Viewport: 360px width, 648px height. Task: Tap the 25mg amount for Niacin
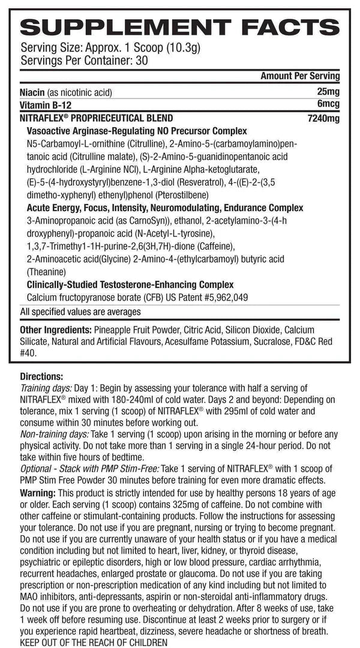(x=328, y=92)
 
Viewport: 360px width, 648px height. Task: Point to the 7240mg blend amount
(x=323, y=118)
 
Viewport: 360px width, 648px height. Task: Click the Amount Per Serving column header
(x=300, y=76)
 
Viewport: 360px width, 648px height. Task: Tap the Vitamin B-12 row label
(x=42, y=105)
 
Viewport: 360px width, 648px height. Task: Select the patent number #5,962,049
(x=222, y=297)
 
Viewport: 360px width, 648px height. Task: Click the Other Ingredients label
(x=53, y=329)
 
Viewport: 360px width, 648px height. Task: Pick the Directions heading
(x=41, y=377)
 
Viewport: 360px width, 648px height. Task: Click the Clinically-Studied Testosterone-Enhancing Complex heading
(x=127, y=284)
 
